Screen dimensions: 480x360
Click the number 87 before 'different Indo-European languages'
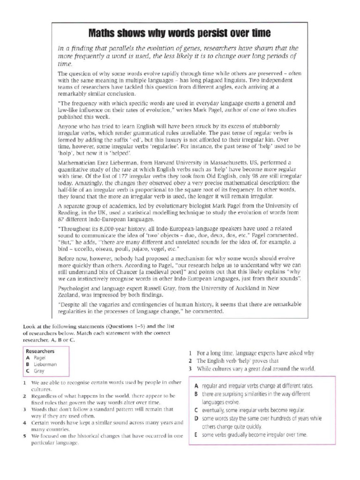click(x=61, y=219)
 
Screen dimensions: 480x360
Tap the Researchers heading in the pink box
click(x=40, y=351)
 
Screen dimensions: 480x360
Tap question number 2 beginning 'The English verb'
click(x=190, y=361)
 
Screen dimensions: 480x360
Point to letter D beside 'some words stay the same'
click(x=196, y=418)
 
